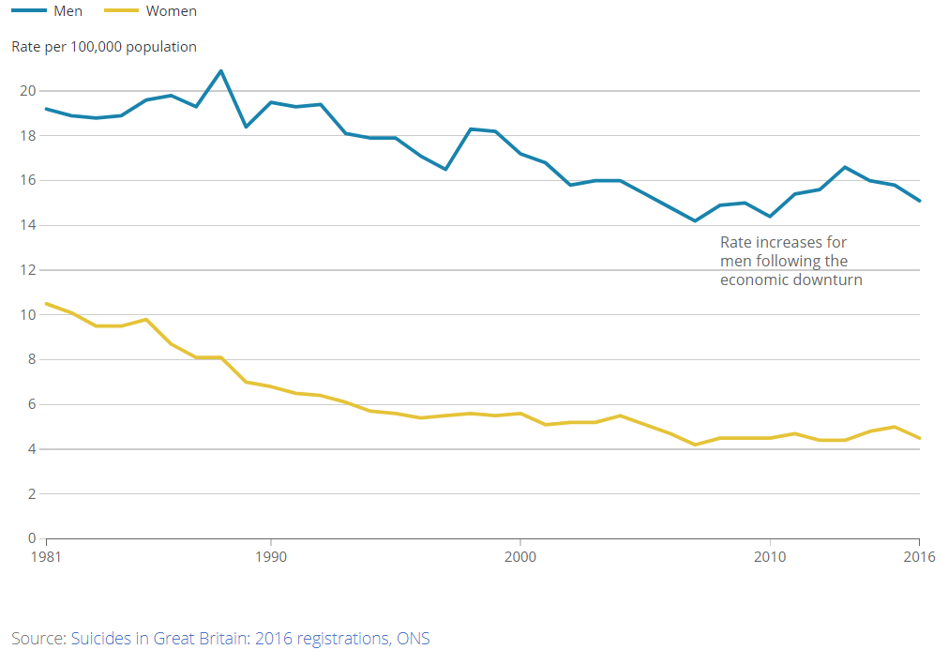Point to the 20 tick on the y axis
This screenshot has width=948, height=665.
tap(27, 91)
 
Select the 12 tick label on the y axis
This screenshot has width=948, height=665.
tap(27, 270)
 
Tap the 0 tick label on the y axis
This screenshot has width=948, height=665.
tap(31, 539)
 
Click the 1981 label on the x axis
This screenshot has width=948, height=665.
tap(46, 556)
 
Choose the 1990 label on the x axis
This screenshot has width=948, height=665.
tap(271, 556)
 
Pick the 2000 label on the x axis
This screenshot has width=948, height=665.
tap(520, 556)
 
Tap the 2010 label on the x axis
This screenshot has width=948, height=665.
tap(770, 556)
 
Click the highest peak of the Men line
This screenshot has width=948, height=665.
tap(221, 70)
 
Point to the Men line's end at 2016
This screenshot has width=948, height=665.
tap(919, 201)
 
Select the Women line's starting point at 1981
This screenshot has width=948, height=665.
tap(46, 304)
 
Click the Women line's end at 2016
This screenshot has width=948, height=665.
tap(919, 438)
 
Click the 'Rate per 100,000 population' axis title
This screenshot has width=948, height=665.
tap(104, 46)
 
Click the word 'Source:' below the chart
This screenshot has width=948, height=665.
tap(38, 639)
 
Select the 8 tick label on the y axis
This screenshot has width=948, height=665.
tap(31, 359)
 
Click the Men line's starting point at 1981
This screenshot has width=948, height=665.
tap(46, 109)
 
